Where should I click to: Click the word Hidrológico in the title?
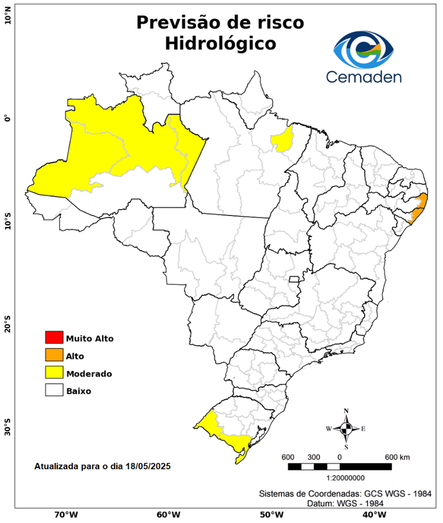[x=220, y=44]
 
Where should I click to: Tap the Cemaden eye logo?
[x=364, y=50]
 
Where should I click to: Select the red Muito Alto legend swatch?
[x=54, y=337]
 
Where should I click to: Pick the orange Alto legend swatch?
[x=54, y=355]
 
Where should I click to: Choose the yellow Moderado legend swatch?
[x=54, y=373]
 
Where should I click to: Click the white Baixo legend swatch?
[x=54, y=390]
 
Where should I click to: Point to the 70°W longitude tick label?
[x=65, y=514]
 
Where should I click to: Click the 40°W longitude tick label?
[x=372, y=514]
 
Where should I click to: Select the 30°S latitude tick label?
[x=8, y=430]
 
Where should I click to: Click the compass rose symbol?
[x=346, y=428]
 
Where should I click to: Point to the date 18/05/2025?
[x=147, y=466]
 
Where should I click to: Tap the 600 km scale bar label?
[x=398, y=456]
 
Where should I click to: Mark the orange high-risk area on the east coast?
[x=419, y=206]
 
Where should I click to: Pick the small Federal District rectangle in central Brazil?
[x=295, y=279]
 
